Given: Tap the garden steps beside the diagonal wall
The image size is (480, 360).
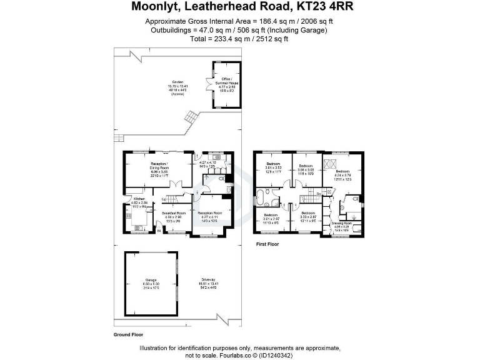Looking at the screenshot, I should [189, 116].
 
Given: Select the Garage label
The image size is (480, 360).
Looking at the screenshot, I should [151, 280].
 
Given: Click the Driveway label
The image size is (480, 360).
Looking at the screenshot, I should [209, 280].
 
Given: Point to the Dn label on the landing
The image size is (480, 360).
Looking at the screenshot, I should [319, 194].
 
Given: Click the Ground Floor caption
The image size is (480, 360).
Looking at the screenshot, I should [128, 334].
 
